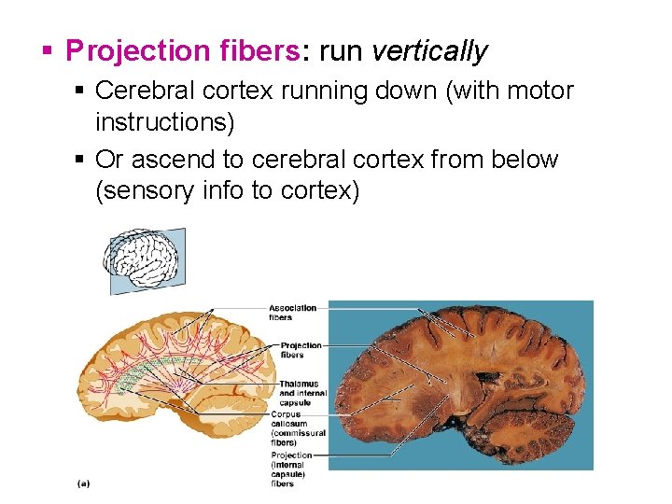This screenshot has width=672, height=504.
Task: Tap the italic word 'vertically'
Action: (x=429, y=50)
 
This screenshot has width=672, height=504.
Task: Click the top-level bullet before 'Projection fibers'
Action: (x=48, y=49)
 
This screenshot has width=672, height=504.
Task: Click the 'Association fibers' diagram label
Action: (x=292, y=313)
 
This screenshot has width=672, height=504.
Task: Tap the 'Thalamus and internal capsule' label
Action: (x=299, y=393)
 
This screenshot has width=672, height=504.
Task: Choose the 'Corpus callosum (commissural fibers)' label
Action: (x=297, y=428)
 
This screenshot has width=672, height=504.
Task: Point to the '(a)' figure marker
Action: (x=83, y=483)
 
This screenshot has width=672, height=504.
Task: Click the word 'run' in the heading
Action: (x=341, y=50)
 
